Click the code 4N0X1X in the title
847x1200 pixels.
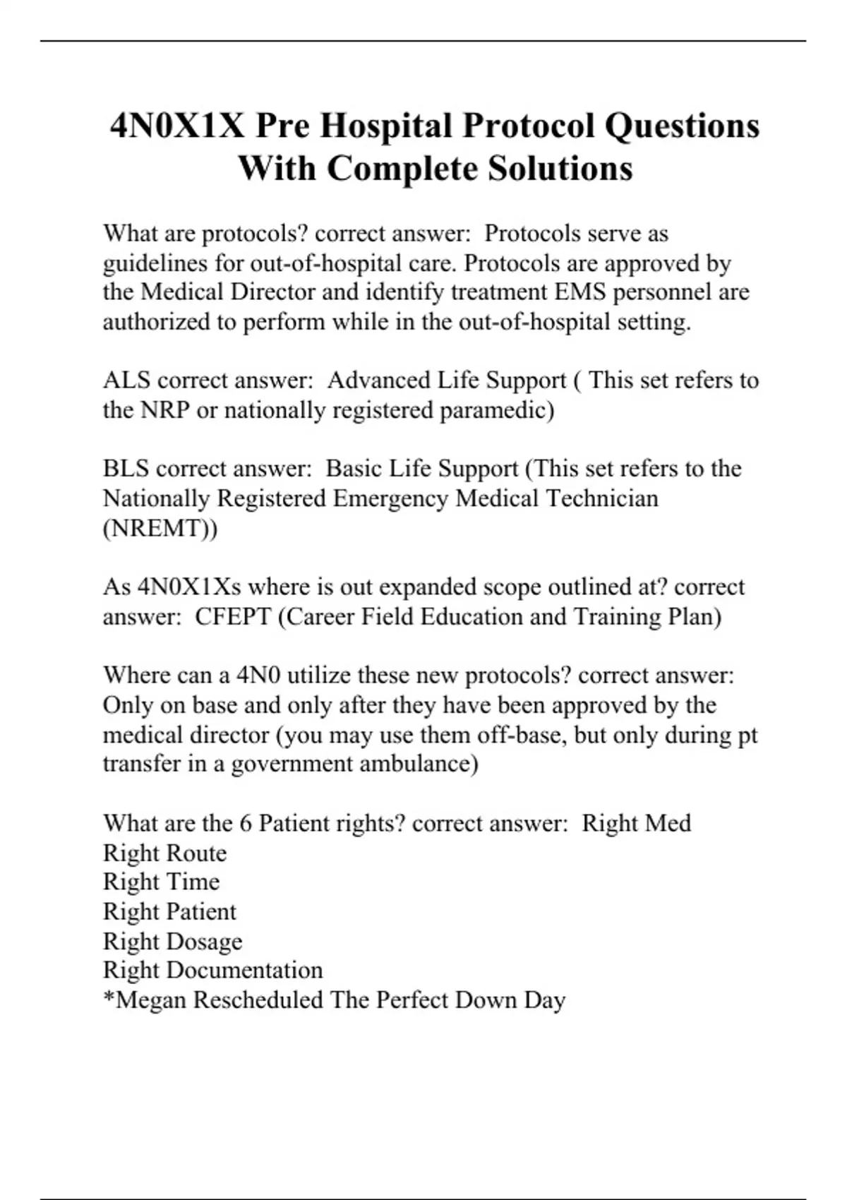tap(177, 126)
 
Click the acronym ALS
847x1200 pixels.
tap(126, 380)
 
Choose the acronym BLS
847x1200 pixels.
tap(126, 469)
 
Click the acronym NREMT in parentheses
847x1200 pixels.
tap(160, 528)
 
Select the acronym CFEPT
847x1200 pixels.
tap(233, 617)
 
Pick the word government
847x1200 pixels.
tap(292, 764)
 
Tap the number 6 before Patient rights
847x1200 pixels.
tap(246, 823)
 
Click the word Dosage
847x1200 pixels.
tap(204, 942)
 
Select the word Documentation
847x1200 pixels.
tap(244, 971)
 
